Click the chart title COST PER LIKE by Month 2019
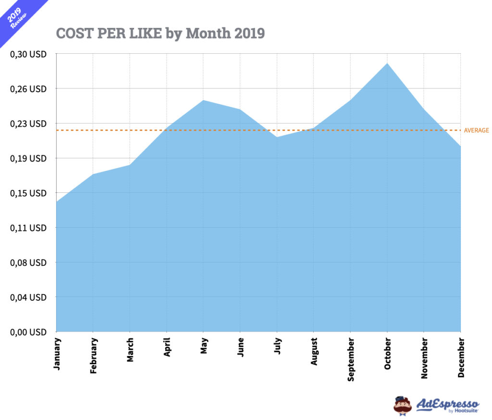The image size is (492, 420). pos(160,33)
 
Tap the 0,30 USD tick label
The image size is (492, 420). pos(28,54)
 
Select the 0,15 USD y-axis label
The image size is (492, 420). pos(28,193)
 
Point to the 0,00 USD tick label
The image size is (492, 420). pos(28,332)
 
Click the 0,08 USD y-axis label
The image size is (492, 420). pos(28,262)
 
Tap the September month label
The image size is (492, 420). pos(351,359)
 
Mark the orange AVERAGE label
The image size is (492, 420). pos(476,130)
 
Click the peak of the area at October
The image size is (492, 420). pos(387,63)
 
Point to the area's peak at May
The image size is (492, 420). pos(203,100)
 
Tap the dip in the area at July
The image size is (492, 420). pos(277,137)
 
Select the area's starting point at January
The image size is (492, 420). pos(57,202)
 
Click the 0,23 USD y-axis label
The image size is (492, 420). pos(28,124)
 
